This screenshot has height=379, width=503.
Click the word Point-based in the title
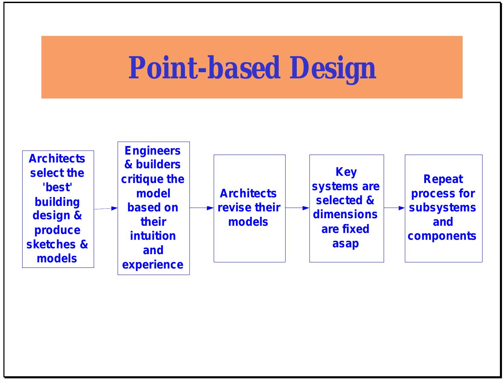[204, 68]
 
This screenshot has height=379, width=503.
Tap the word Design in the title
[333, 68]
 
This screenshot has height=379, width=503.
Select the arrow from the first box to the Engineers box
[106, 208]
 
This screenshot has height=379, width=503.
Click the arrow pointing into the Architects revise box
[202, 208]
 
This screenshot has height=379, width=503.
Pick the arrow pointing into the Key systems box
[297, 208]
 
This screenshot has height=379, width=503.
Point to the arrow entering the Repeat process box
[394, 208]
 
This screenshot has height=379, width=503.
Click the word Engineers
[153, 151]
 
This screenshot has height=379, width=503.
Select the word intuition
[153, 236]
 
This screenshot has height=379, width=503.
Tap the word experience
[153, 265]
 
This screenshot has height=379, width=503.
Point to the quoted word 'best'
[57, 187]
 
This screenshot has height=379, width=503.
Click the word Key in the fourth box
[346, 172]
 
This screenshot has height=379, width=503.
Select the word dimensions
[345, 214]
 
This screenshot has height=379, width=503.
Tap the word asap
[345, 244]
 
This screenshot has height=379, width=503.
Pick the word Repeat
[443, 179]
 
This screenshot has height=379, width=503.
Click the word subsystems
[442, 208]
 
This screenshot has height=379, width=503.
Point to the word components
[442, 236]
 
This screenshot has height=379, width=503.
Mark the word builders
[158, 165]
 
